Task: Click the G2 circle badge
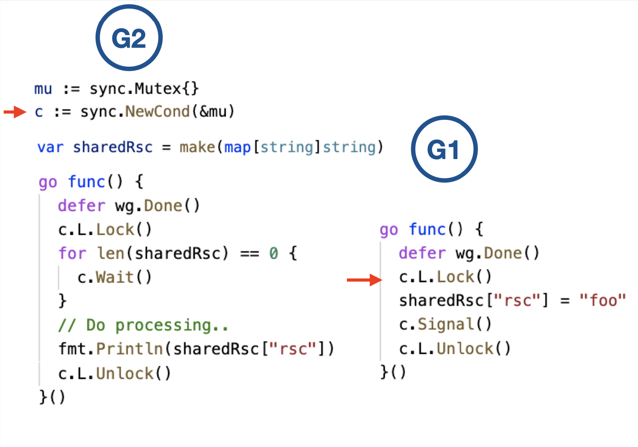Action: (x=129, y=38)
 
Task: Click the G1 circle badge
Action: (x=444, y=149)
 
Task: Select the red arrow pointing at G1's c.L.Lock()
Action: (x=364, y=280)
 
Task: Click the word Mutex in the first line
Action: (x=158, y=88)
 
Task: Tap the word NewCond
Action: (x=157, y=111)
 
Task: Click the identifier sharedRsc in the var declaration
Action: (x=113, y=147)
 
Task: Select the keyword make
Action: (x=197, y=147)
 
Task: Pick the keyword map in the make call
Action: (x=237, y=147)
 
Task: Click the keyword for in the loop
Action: (x=72, y=253)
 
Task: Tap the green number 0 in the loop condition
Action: (x=273, y=253)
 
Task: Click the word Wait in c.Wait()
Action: (x=114, y=277)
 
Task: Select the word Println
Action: (x=130, y=349)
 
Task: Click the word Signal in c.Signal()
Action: (x=446, y=324)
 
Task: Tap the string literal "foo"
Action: (x=602, y=300)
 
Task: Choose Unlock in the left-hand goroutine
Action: (x=125, y=374)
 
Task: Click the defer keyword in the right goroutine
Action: (x=422, y=253)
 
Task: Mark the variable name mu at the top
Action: (x=43, y=89)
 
